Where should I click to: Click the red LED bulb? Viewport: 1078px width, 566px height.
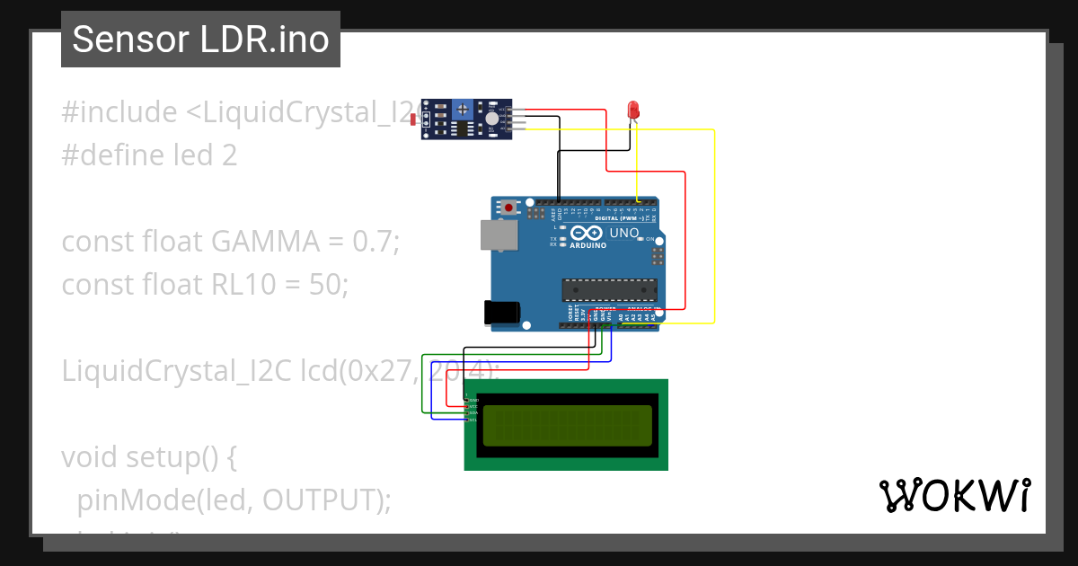coord(633,110)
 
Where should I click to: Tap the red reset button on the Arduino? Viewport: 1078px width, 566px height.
coord(509,208)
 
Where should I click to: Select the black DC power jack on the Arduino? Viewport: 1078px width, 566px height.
coord(501,312)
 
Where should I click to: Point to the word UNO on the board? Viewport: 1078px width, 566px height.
coord(624,234)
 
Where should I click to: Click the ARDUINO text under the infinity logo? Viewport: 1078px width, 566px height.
coord(588,244)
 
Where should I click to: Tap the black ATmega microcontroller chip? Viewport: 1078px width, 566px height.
coord(610,289)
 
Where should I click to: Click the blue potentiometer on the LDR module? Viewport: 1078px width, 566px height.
coord(463,110)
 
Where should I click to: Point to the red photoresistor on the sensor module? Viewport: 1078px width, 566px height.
coord(415,119)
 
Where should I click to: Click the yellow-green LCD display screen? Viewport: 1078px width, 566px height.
coord(567,426)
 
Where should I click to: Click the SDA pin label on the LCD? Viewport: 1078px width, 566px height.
coord(473,413)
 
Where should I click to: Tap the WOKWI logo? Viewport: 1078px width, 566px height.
coord(954,496)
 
